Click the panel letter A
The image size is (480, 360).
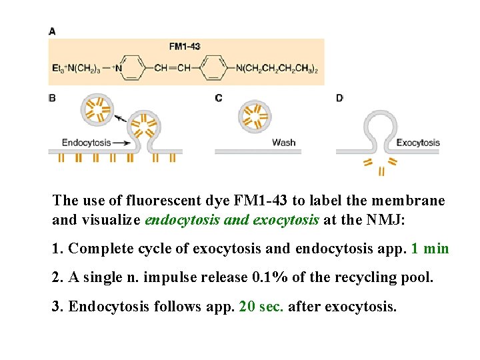click(52, 31)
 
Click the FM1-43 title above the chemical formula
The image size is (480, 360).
click(185, 47)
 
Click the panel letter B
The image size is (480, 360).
click(52, 99)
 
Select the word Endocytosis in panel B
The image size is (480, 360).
click(86, 143)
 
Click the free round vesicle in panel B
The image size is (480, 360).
click(97, 109)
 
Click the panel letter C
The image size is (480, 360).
click(218, 99)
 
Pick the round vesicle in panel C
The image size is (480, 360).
click(254, 116)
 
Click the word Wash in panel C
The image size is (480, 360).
click(283, 143)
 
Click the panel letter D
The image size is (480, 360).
click(339, 99)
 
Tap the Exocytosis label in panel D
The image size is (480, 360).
click(418, 143)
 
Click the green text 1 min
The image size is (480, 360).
click(431, 249)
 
